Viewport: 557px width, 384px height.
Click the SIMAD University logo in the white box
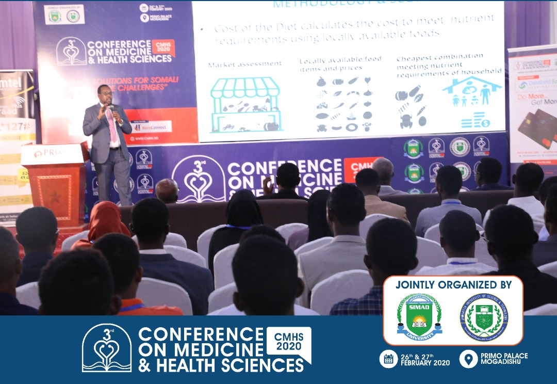pyautogui.click(x=419, y=316)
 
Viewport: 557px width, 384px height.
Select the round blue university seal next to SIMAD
pyautogui.click(x=483, y=317)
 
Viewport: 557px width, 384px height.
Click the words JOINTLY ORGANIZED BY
pyautogui.click(x=453, y=285)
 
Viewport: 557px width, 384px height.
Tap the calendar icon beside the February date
pyautogui.click(x=388, y=359)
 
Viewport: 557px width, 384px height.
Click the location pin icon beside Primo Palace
pyautogui.click(x=468, y=359)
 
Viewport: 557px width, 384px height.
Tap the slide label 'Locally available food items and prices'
pyautogui.click(x=340, y=64)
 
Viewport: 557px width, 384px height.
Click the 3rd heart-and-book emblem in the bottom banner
pyautogui.click(x=107, y=348)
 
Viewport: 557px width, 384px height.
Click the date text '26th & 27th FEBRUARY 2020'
pyautogui.click(x=424, y=359)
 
